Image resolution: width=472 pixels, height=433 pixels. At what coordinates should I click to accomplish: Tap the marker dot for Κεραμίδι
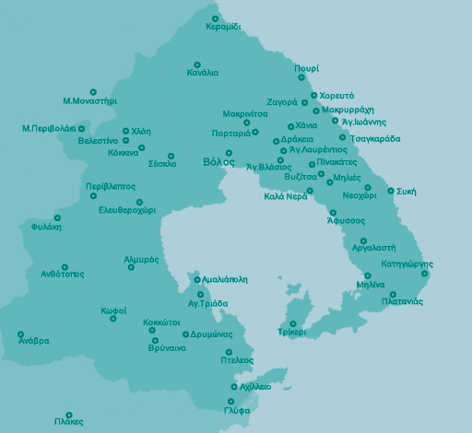(x=215, y=18)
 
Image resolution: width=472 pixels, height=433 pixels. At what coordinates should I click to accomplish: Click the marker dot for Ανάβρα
(x=20, y=334)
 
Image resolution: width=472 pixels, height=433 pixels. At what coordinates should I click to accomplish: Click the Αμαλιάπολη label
(x=225, y=278)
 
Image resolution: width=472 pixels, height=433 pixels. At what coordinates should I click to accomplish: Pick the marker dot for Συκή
(x=391, y=191)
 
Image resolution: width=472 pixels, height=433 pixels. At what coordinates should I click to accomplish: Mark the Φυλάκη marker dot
(x=57, y=217)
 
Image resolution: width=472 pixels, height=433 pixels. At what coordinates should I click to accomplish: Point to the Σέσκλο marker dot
(x=171, y=156)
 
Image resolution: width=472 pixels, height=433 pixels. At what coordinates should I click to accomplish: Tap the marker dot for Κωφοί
(x=112, y=319)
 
